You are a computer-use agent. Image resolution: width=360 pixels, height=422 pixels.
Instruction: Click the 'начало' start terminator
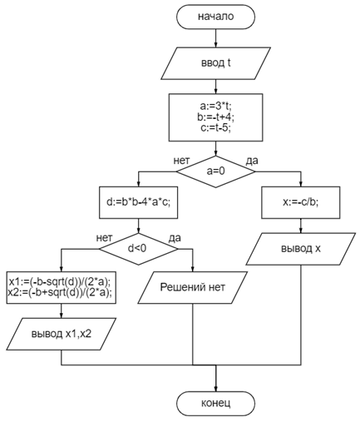[x=215, y=17]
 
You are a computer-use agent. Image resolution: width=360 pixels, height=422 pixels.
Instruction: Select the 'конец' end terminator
[x=215, y=404]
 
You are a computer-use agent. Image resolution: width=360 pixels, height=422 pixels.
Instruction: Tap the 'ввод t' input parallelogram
[x=215, y=63]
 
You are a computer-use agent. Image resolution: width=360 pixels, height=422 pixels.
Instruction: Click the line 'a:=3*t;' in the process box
[x=215, y=106]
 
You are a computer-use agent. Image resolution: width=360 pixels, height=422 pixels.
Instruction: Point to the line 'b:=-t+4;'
[x=215, y=117]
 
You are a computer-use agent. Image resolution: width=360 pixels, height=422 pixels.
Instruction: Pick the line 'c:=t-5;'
[x=215, y=128]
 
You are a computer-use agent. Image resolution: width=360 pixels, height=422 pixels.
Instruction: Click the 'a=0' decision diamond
[x=215, y=171]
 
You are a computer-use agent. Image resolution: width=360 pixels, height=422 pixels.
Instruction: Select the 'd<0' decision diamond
[x=138, y=249]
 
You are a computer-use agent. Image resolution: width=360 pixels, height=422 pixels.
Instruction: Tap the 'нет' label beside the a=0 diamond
[x=182, y=161]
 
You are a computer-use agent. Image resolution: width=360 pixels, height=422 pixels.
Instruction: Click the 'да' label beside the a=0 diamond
[x=252, y=161]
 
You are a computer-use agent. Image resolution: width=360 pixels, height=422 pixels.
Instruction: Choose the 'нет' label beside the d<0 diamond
[x=105, y=238]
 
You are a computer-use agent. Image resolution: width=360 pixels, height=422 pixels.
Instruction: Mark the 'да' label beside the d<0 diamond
[x=175, y=238]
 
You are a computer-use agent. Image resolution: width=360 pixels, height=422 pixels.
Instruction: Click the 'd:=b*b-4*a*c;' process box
[x=138, y=202]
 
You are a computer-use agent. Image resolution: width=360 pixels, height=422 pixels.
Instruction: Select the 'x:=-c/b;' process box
[x=301, y=202]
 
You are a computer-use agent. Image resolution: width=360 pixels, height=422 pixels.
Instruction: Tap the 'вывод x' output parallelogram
[x=301, y=249]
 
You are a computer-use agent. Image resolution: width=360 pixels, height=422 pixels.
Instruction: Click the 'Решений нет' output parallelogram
[x=193, y=287]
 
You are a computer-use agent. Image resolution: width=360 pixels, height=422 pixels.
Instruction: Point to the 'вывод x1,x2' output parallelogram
[x=62, y=334]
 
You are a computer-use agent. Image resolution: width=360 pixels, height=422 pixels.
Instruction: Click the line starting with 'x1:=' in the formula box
[x=60, y=282]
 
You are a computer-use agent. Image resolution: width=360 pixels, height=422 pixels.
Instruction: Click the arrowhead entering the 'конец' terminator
[x=215, y=389]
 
